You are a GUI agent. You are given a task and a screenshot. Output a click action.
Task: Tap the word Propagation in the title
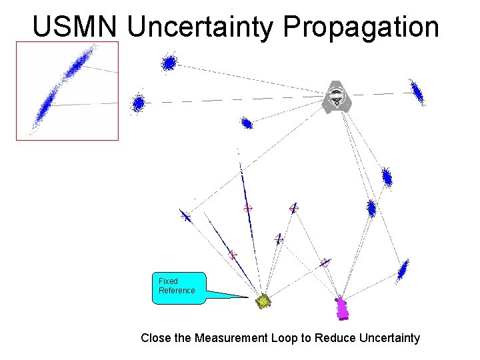pyautogui.click(x=361, y=27)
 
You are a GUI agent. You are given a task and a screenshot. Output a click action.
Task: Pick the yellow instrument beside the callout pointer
pyautogui.click(x=264, y=301)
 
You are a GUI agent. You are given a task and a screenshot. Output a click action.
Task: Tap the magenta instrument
pyautogui.click(x=343, y=308)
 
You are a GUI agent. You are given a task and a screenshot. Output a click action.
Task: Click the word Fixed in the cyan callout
pyautogui.click(x=168, y=281)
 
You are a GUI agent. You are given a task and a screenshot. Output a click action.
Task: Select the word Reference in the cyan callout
pyautogui.click(x=177, y=291)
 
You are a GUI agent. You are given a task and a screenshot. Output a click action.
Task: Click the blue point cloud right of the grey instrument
pyautogui.click(x=417, y=91)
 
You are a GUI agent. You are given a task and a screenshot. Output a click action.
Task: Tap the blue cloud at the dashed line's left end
pyautogui.click(x=138, y=103)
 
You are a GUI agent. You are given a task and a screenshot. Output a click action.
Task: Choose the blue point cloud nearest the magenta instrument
pyautogui.click(x=402, y=269)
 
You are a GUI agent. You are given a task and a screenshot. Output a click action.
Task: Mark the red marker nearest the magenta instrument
pyautogui.click(x=325, y=263)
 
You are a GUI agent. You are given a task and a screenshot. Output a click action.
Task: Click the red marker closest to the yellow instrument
pyautogui.click(x=233, y=255)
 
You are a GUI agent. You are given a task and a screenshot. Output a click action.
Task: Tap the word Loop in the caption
pyautogui.click(x=286, y=338)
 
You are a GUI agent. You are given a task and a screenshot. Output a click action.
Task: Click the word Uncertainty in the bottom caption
pyautogui.click(x=389, y=338)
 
